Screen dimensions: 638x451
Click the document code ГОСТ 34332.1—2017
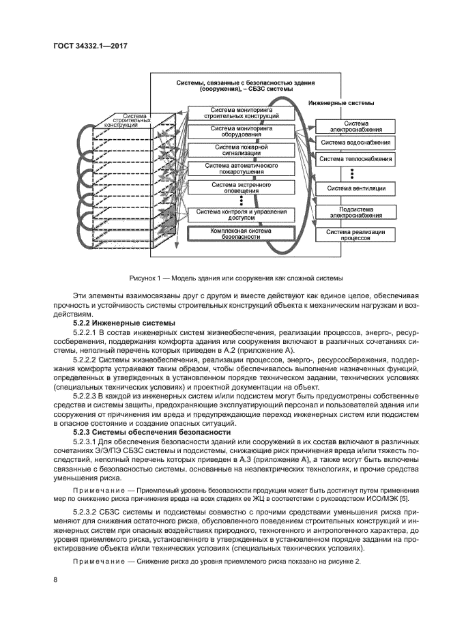click(90, 46)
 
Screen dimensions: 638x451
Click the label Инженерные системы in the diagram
click(341, 103)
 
